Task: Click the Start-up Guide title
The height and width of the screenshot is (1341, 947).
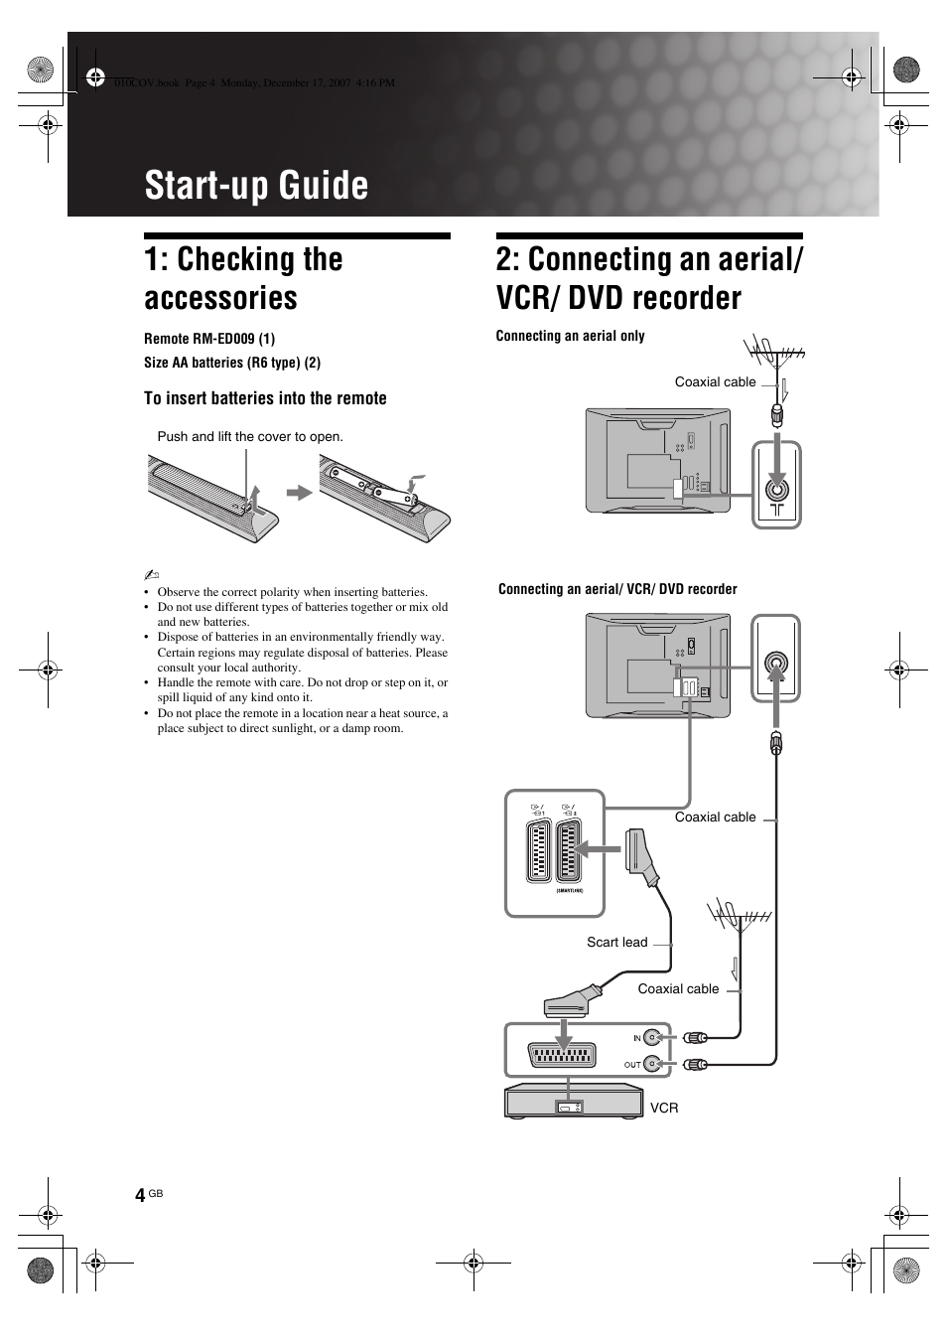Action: [256, 186]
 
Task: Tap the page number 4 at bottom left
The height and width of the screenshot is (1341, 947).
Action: [140, 1194]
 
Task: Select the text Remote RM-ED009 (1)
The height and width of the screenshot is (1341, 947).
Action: [209, 339]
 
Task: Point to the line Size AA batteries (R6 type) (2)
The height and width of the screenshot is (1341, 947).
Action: [232, 363]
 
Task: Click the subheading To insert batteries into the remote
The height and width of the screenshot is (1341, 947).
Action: [265, 398]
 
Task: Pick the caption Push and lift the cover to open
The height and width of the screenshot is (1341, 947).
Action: [250, 436]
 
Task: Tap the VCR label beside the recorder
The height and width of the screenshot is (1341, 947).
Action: [664, 1108]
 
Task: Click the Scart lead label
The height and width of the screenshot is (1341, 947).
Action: [616, 942]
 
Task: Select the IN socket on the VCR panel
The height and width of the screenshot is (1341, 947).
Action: [652, 1038]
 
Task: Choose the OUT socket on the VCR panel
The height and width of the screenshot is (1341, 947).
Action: [652, 1064]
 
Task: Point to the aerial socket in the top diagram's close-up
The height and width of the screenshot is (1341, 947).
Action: [776, 488]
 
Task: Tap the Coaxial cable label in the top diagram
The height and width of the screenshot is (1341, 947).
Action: [715, 382]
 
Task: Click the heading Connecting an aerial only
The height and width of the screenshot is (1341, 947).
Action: [570, 336]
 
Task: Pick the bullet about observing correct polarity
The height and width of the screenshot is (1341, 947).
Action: [292, 592]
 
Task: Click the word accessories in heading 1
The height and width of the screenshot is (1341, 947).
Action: [220, 298]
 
